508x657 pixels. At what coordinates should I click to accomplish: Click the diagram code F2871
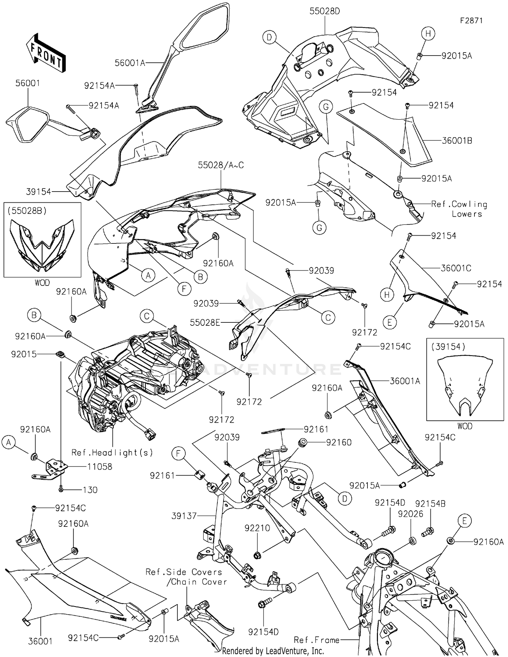tap(471, 21)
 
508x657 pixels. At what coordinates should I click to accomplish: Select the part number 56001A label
tap(130, 63)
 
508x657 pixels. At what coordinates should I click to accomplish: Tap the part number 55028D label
tap(324, 12)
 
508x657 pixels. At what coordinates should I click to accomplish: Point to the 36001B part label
tap(457, 140)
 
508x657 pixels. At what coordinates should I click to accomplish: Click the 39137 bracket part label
tap(184, 516)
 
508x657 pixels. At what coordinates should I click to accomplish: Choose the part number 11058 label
tap(100, 466)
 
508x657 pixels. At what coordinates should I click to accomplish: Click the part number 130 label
tap(90, 490)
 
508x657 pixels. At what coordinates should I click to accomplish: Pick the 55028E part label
tap(205, 322)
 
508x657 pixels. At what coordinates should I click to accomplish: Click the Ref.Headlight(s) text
tap(112, 453)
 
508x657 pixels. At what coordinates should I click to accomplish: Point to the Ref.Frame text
tap(316, 640)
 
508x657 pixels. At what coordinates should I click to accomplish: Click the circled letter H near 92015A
tap(428, 34)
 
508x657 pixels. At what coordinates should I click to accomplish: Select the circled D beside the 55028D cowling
tap(269, 37)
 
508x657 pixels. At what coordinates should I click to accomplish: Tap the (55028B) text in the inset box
tap(27, 211)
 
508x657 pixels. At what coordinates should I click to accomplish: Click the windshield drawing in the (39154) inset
tap(465, 384)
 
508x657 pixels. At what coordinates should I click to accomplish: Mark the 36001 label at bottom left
tap(40, 641)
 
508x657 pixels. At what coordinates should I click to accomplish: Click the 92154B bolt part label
tap(430, 504)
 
